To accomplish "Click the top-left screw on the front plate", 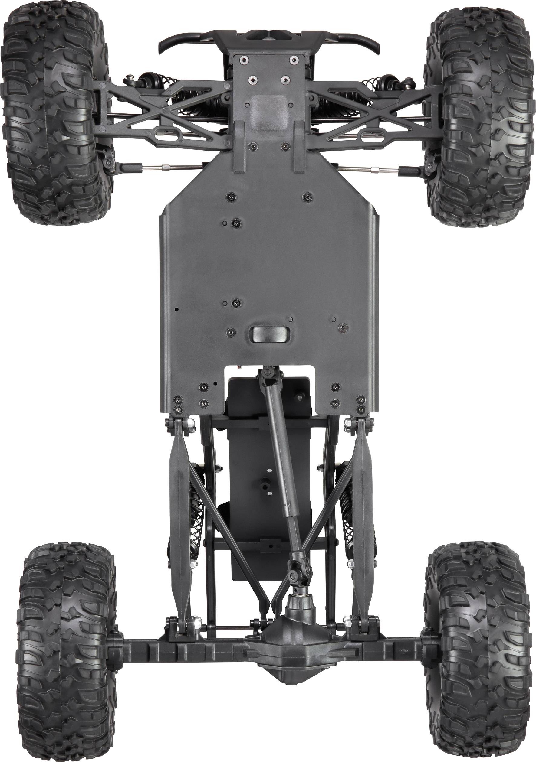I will click(x=243, y=60).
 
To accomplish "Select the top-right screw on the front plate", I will click(x=294, y=60).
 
